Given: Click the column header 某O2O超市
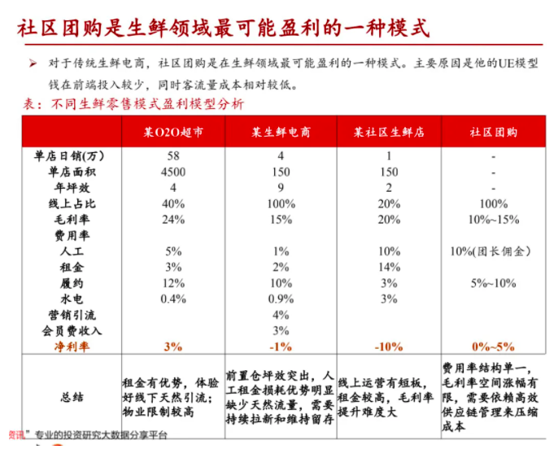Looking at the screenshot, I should [173, 132].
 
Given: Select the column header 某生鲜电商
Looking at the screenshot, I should [281, 132].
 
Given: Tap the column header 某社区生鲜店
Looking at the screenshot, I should [389, 132].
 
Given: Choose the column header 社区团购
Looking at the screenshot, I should [494, 132].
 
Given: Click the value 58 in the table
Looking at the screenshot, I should [173, 156].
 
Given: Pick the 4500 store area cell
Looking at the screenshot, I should [173, 172].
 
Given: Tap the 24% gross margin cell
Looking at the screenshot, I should [173, 220].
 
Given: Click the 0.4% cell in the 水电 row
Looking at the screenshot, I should [173, 299].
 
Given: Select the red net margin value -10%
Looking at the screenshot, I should [389, 347].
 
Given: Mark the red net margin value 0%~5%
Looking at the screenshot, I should [494, 347].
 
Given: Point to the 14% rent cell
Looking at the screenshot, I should [389, 267].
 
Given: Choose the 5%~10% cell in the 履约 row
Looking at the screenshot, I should [494, 283].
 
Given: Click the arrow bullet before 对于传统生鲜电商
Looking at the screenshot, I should [33, 63].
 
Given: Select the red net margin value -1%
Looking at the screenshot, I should [281, 347].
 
